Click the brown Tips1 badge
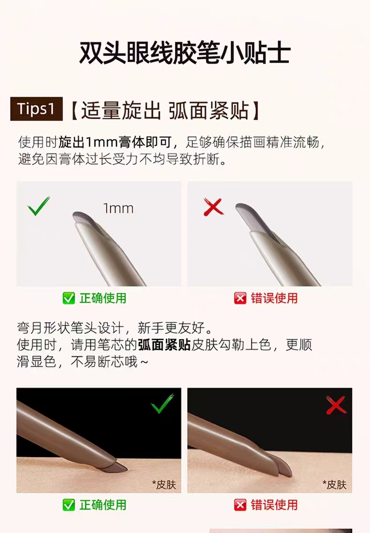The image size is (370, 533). [x=37, y=109]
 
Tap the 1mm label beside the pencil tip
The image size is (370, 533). [x=118, y=209]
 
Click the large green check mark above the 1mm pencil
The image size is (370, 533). [x=38, y=206]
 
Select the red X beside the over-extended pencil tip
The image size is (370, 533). [x=214, y=207]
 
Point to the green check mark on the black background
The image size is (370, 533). [x=163, y=403]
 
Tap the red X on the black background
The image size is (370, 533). [x=336, y=405]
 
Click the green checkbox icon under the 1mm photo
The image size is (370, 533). [x=69, y=298]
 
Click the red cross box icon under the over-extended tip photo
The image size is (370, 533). [x=240, y=298]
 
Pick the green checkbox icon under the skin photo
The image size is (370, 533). [x=69, y=505]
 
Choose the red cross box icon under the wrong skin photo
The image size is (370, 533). [x=240, y=505]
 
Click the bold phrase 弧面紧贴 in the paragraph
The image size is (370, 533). [x=164, y=345]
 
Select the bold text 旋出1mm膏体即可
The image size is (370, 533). [x=115, y=142]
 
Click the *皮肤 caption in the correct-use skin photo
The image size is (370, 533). [x=164, y=484]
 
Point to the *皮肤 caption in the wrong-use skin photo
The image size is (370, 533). [x=334, y=484]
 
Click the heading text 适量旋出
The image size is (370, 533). [x=120, y=110]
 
